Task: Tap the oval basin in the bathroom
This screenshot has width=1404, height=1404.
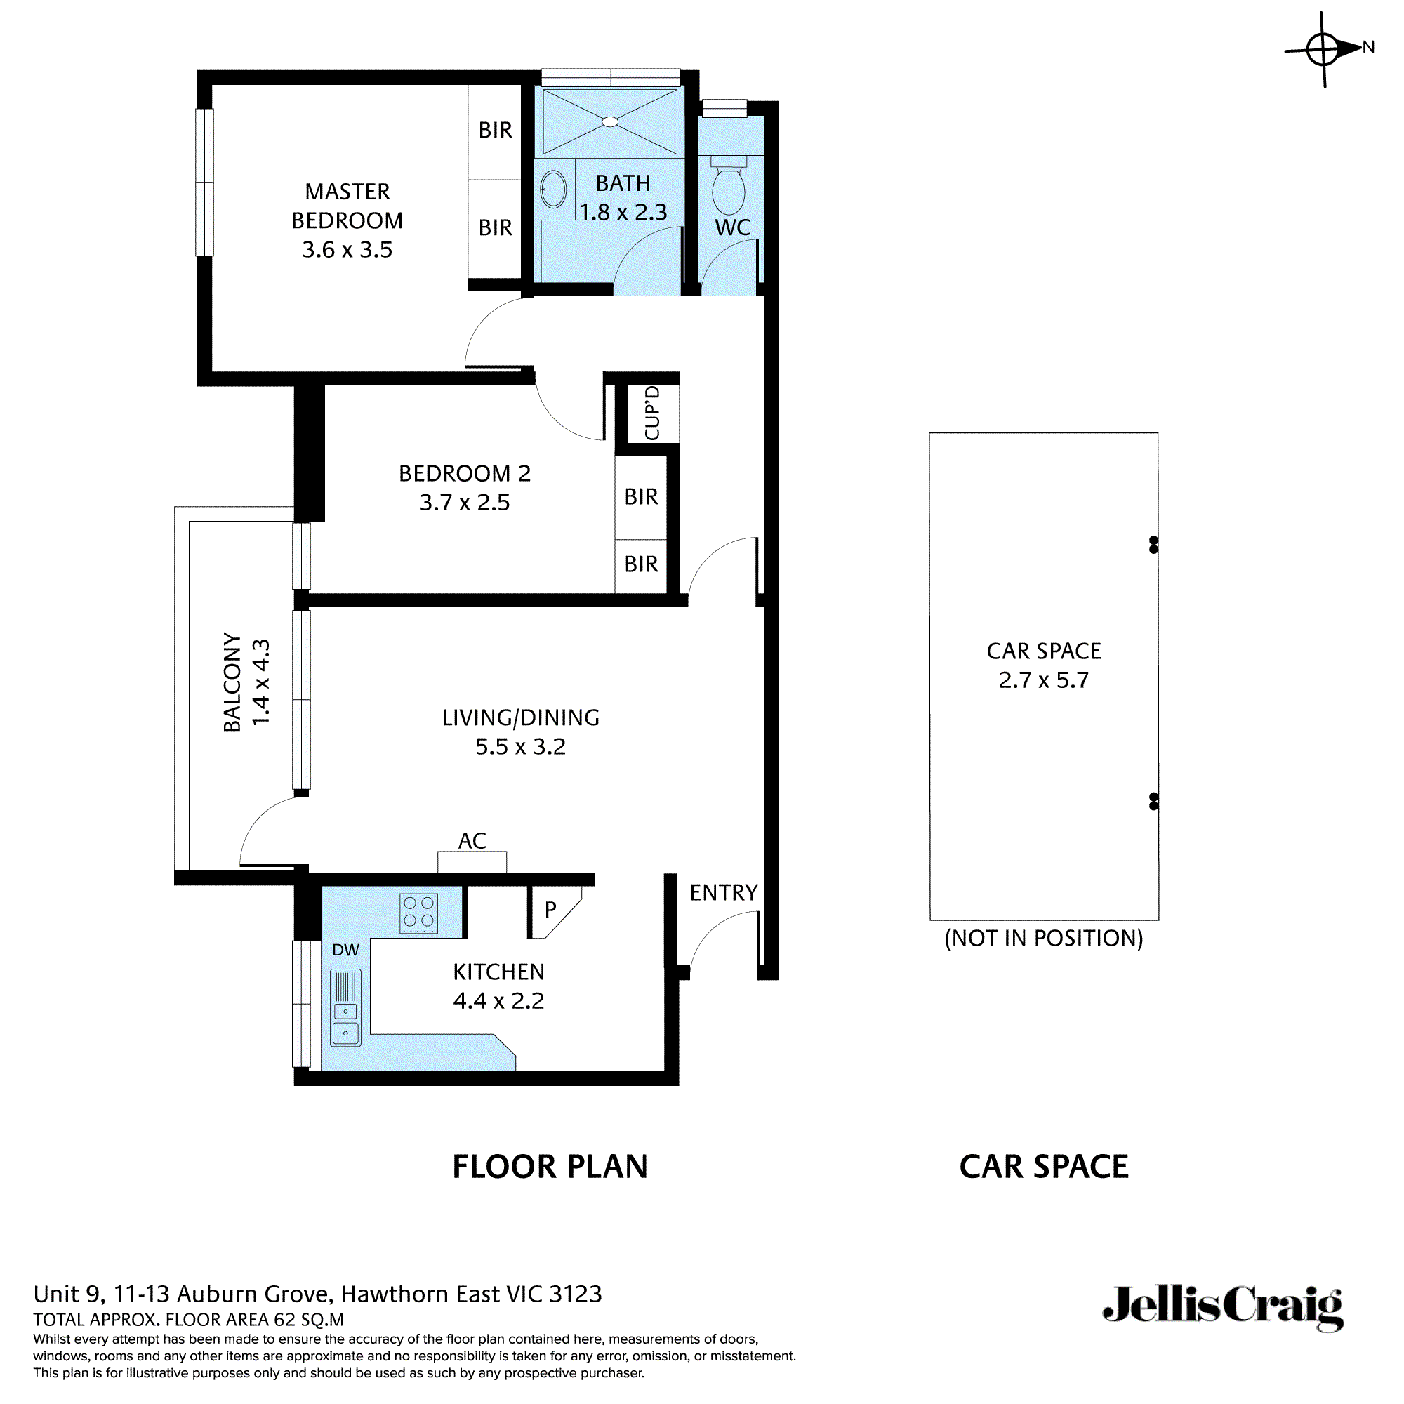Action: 554,190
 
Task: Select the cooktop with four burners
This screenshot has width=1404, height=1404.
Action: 418,913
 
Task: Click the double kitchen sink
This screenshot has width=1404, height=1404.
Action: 345,1007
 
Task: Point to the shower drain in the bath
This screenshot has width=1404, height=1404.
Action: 611,122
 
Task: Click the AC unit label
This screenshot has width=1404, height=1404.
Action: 472,841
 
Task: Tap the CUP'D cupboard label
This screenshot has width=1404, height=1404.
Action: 652,413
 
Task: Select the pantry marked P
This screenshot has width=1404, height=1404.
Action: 551,909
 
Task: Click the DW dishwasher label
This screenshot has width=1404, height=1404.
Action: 345,950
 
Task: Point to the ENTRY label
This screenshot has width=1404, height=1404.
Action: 723,892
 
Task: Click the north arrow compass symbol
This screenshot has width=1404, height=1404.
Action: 1324,49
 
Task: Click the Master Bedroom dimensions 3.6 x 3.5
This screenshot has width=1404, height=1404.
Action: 347,249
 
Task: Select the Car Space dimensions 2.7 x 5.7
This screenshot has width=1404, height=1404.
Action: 1044,680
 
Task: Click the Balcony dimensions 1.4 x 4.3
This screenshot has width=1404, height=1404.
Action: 260,682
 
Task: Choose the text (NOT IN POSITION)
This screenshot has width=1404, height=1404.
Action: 1044,938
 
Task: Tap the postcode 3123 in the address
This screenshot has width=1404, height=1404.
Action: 576,1294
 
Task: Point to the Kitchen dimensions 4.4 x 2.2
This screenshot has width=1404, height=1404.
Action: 498,1000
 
